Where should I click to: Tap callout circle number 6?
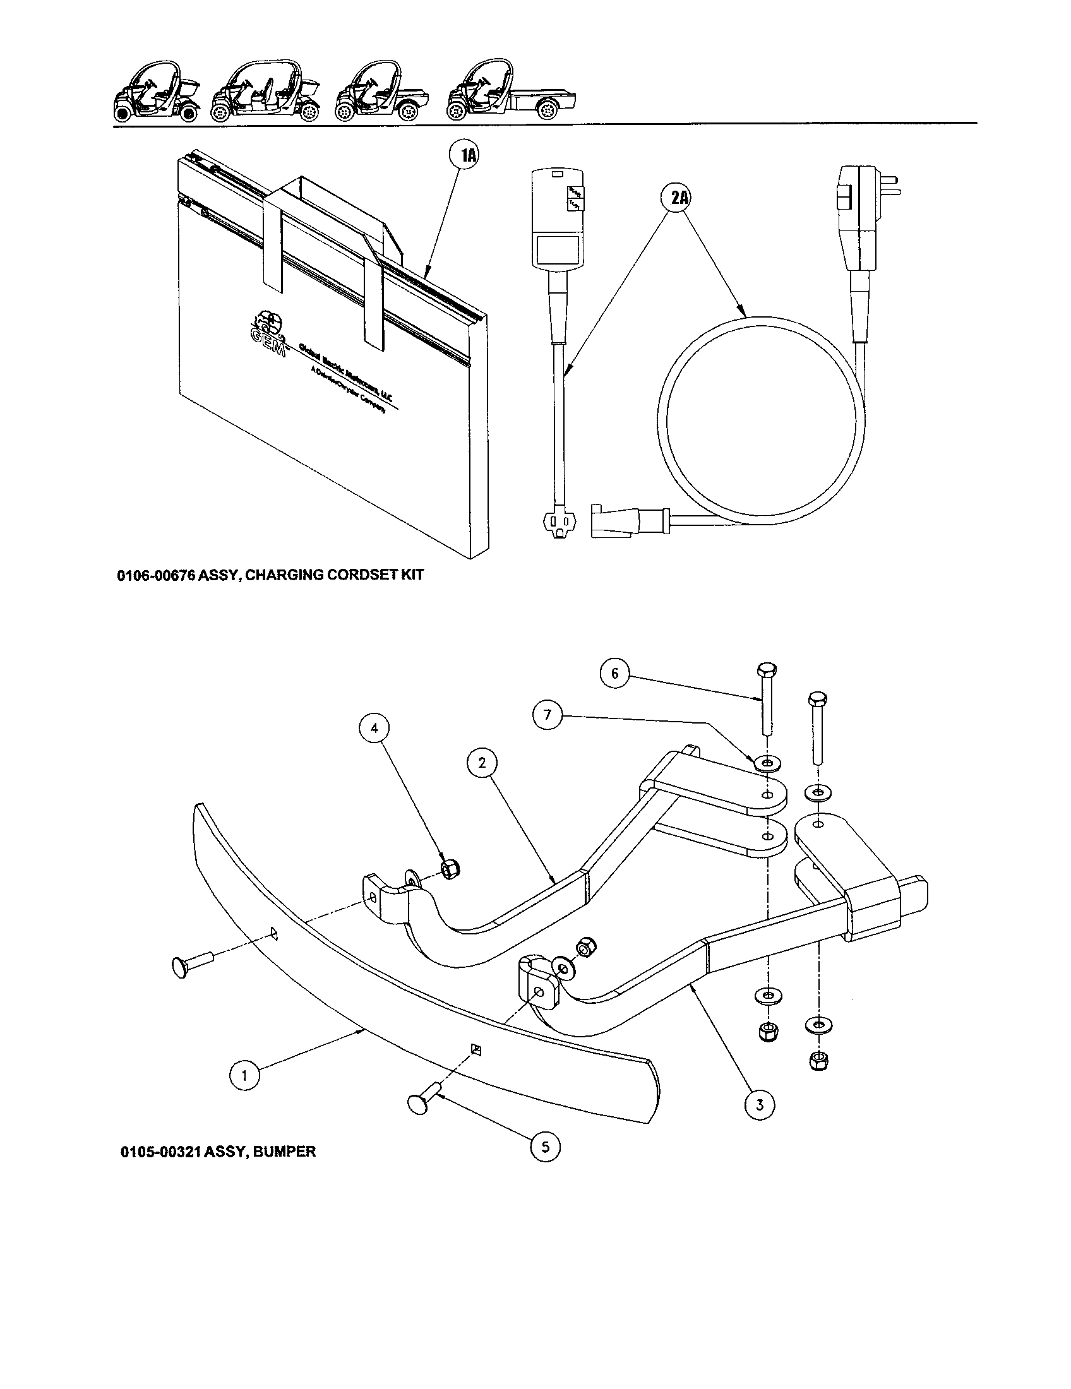[x=614, y=674]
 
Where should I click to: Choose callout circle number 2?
[x=482, y=763]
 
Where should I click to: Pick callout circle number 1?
[x=245, y=1075]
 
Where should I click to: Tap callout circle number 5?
[x=545, y=1147]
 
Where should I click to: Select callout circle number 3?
[x=760, y=1105]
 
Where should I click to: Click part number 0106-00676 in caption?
[x=156, y=576]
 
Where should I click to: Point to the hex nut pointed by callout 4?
[x=451, y=868]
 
